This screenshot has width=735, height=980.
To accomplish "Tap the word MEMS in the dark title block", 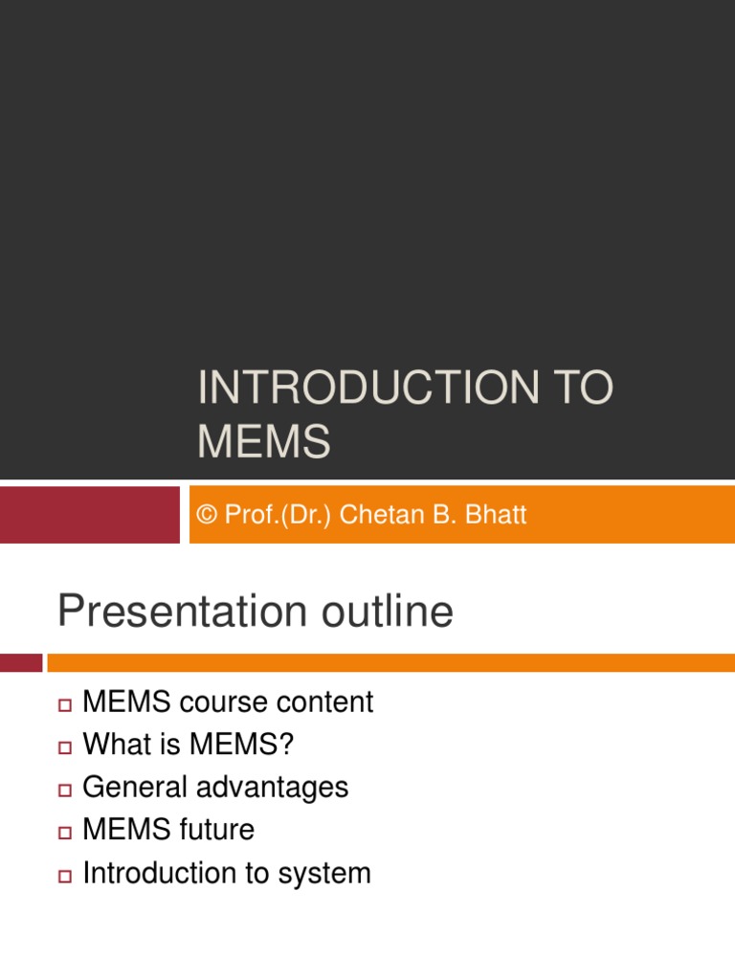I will [264, 443].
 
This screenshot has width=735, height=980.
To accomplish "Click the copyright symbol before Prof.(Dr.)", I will [207, 516].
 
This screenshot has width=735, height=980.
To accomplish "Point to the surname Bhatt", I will [496, 516].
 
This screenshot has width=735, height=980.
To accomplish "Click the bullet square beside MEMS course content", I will [65, 705].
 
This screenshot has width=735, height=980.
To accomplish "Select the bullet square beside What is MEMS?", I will [65, 747].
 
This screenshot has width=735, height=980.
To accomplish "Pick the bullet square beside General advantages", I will [65, 791].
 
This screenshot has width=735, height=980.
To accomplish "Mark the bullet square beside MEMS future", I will [65, 833].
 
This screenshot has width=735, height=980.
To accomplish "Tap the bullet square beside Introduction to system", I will [65, 876].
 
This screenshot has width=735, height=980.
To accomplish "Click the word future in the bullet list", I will [220, 830].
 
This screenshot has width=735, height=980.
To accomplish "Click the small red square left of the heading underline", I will [21, 662].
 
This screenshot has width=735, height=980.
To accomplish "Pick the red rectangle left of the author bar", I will [89, 515].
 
